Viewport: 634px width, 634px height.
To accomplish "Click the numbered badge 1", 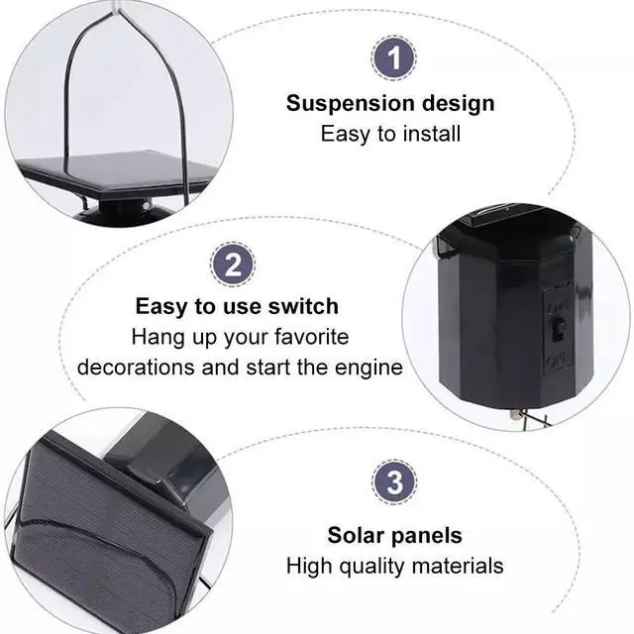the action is click(x=393, y=57).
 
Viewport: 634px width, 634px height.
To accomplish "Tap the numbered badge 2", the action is click(x=233, y=264).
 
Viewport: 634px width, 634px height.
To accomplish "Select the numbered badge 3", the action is click(x=394, y=481).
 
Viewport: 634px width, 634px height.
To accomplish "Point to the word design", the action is click(x=453, y=104).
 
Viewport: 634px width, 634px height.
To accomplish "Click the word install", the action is click(x=432, y=134).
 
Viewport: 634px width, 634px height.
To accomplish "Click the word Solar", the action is click(x=356, y=535).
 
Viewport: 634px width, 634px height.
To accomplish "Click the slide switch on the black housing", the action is click(x=558, y=330).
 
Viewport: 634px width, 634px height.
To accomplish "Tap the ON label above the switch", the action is click(x=558, y=306).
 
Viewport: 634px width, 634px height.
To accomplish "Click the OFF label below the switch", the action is click(x=558, y=360).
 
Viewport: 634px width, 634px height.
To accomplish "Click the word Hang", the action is click(x=158, y=337).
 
